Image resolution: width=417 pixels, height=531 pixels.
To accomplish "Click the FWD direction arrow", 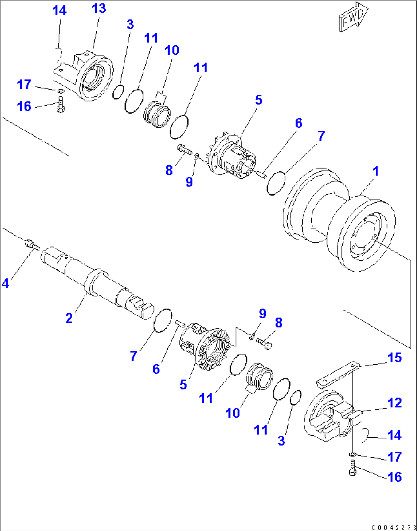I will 353,18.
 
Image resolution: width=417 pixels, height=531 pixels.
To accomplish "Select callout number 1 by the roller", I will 376,171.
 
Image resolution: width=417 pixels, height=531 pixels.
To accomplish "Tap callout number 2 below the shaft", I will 69,318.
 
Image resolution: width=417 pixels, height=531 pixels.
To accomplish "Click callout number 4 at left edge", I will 5,283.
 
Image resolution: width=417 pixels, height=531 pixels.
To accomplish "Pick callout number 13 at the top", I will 99,8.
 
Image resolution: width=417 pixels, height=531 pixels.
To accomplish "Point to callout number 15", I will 394,358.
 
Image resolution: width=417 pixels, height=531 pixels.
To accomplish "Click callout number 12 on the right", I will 394,403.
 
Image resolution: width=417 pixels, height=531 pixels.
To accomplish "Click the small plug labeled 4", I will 31,244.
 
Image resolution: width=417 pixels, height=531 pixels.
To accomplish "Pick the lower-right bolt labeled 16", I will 352,469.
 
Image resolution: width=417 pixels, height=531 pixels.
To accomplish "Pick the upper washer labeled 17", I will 61,91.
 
